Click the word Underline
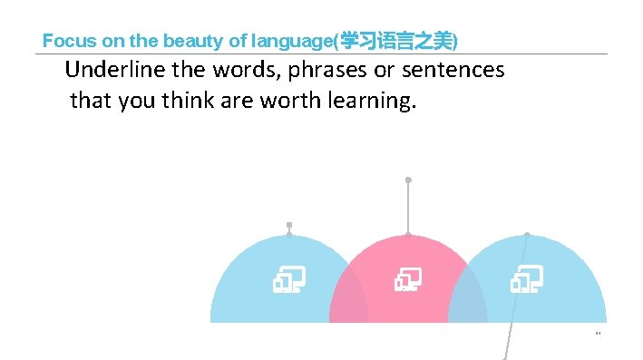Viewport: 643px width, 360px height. [108, 70]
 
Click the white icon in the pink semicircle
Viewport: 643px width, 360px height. [407, 280]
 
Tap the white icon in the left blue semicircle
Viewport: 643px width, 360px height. [288, 280]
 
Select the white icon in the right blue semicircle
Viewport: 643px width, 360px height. [526, 280]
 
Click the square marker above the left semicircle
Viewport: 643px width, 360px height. [289, 225]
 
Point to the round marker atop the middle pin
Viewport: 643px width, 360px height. [408, 180]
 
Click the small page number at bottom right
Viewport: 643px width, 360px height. [599, 333]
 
